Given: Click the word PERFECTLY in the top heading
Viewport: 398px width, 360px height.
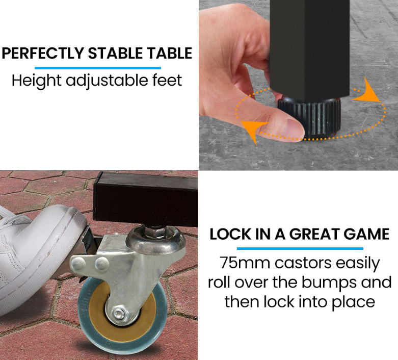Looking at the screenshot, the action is pyautogui.click(x=43, y=53).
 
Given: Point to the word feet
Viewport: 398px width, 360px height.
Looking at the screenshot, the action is pyautogui.click(x=167, y=80).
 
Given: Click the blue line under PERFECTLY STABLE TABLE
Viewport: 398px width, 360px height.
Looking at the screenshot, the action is pyautogui.click(x=98, y=68).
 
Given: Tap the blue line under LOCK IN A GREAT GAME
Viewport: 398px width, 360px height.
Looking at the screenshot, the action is pyautogui.click(x=300, y=248).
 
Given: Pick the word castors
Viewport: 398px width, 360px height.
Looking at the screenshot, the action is pyautogui.click(x=303, y=263).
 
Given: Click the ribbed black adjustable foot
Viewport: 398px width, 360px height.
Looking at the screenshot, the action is pyautogui.click(x=308, y=116).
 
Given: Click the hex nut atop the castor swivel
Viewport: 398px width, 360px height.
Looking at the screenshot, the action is pyautogui.click(x=156, y=232).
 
